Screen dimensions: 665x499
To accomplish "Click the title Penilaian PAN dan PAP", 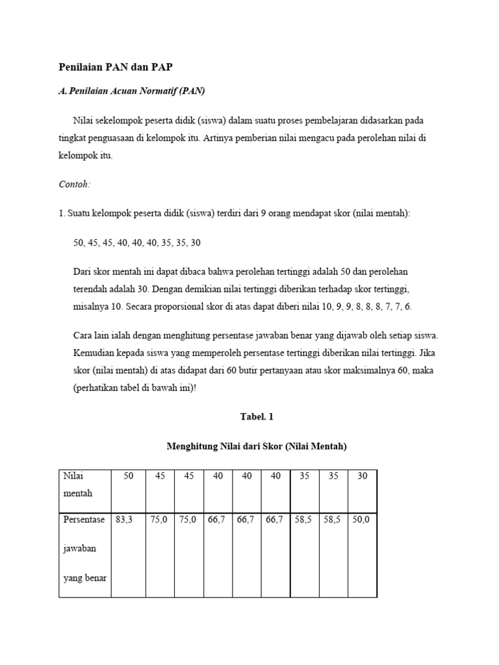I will [116, 67].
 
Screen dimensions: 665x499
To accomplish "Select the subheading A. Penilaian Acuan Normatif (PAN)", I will [132, 91].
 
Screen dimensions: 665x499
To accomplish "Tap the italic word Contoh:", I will [75, 184].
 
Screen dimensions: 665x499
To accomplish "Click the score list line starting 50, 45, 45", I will [137, 242].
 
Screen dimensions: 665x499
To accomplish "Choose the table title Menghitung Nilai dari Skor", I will [257, 447].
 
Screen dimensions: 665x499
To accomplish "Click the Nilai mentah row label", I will [78, 484].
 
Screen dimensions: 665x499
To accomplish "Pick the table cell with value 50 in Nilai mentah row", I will [129, 476].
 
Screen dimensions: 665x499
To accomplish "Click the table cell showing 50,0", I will [361, 520].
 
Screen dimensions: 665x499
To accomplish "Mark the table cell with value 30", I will [362, 476].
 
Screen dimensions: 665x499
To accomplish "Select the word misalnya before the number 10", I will [93, 307].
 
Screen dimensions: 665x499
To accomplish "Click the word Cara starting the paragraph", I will [83, 336].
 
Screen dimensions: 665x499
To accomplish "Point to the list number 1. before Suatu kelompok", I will [62, 213].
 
